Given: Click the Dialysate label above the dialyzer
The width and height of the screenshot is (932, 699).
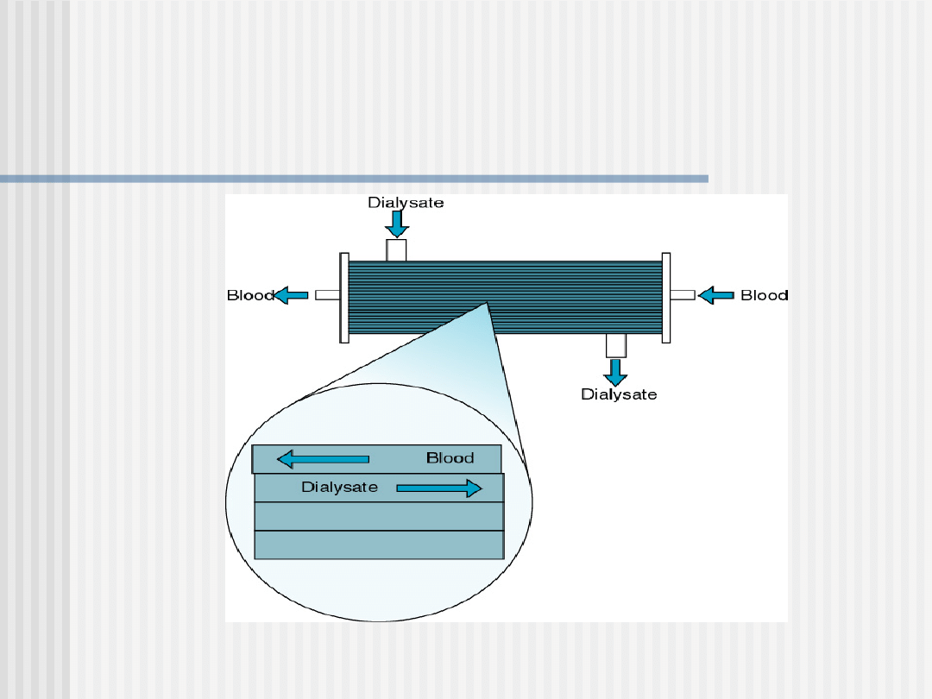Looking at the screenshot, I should (406, 203).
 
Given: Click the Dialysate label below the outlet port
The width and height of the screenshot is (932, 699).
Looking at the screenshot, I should (618, 394).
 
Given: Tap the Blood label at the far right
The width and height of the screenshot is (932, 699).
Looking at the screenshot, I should (764, 295).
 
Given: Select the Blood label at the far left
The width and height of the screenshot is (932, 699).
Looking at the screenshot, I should (250, 295).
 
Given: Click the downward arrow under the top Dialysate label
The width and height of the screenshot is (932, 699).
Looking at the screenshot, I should (397, 224).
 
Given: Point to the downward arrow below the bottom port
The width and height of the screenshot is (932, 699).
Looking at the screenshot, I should (615, 372).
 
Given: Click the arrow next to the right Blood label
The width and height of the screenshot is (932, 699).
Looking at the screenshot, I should (715, 296).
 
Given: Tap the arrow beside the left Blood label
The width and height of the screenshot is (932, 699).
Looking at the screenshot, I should (292, 295).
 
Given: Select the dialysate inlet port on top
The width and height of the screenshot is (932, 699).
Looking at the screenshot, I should (396, 249).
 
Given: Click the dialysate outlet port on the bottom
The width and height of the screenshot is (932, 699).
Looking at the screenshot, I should (615, 345).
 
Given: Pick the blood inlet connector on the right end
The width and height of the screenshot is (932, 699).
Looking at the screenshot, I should (683, 295).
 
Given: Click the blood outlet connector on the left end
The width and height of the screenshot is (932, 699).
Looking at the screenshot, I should (327, 295).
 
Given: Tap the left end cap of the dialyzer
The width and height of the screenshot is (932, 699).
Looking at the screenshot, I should (344, 298).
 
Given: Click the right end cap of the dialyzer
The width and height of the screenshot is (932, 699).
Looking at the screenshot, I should (666, 298).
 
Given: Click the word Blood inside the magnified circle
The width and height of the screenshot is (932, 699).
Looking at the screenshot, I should (450, 458).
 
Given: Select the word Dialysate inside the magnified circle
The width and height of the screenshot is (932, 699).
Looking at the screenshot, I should (339, 488).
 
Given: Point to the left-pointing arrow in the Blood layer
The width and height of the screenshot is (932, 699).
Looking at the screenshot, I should (324, 458).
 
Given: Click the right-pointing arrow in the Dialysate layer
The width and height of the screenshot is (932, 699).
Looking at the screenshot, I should (438, 488).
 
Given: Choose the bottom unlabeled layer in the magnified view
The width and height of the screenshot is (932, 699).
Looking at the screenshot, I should (379, 545).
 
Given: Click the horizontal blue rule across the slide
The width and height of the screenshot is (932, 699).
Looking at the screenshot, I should (354, 179).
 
